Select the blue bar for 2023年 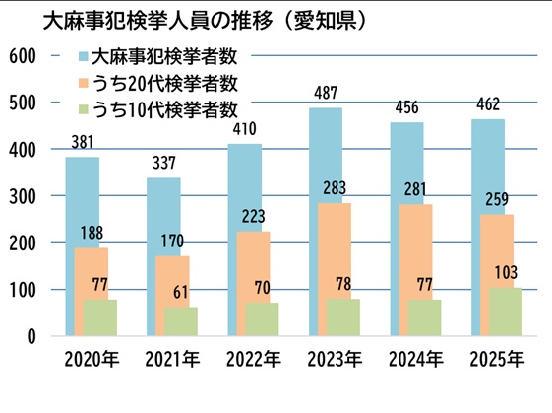(325, 158)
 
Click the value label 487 (326, 93)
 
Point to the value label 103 (505, 271)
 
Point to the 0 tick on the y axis (32, 336)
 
